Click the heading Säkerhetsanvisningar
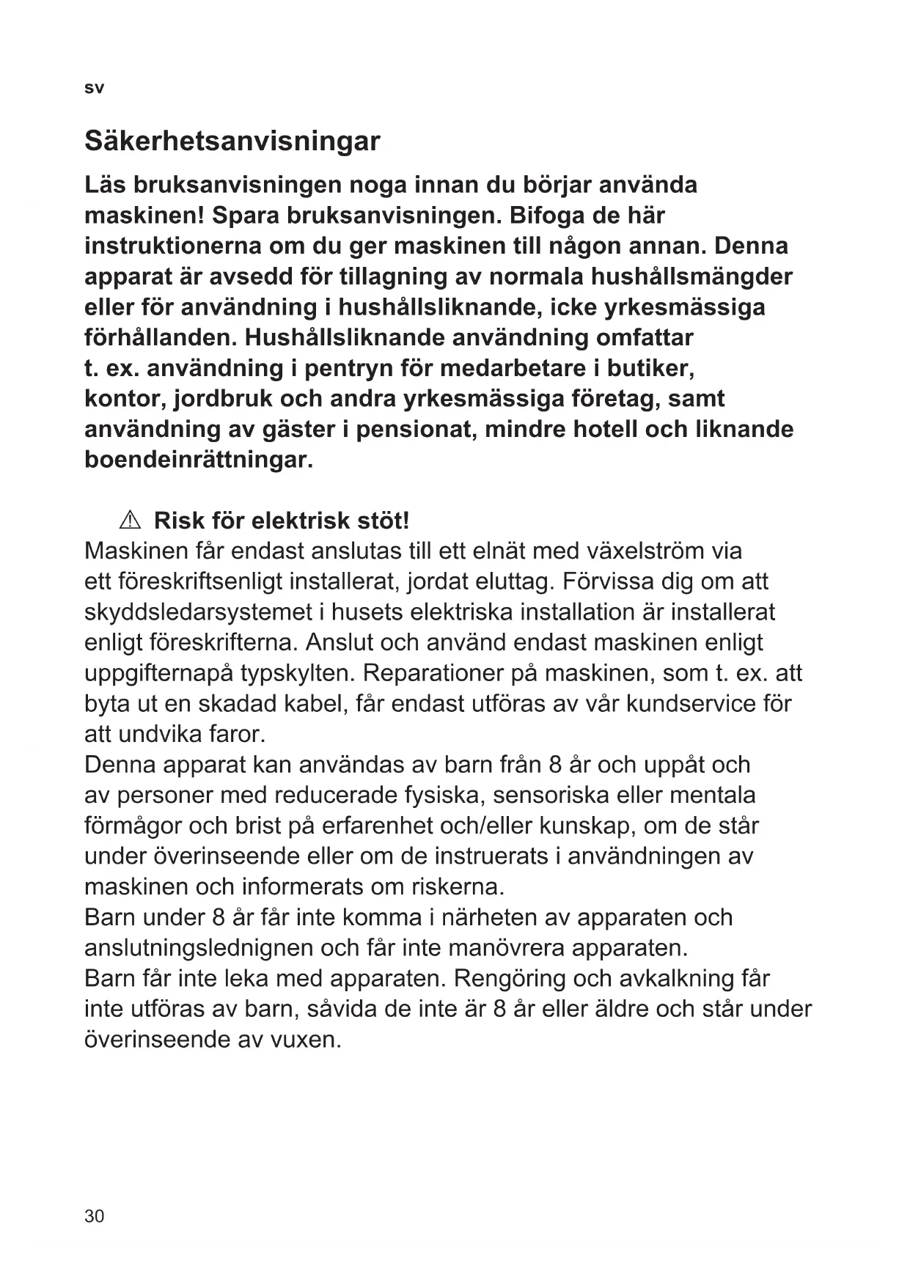[x=232, y=141]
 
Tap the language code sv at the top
[x=94, y=89]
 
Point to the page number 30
[x=95, y=1216]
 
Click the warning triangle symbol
[x=129, y=521]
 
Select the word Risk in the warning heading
[x=179, y=521]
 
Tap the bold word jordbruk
[x=224, y=399]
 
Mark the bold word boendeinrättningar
[x=199, y=460]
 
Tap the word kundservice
[x=694, y=704]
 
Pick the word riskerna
[x=458, y=887]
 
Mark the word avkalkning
[x=664, y=979]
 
